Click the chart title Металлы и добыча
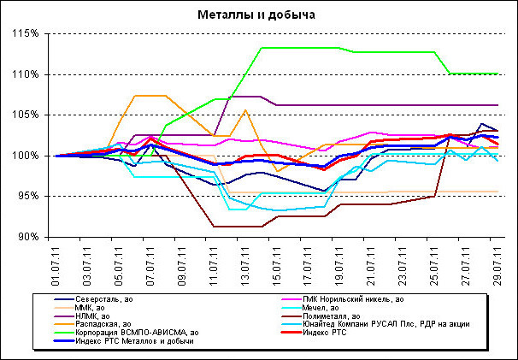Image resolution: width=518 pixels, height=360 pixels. pos(258,15)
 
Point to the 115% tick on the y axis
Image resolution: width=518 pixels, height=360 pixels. pos(29,34)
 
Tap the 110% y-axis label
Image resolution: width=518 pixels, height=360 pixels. pos(29,74)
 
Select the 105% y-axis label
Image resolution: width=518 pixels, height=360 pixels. pos(29,115)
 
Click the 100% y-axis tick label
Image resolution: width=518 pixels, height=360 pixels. pos(29,156)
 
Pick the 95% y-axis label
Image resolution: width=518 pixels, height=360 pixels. pos(31,196)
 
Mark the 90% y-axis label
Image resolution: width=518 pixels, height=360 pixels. pos(31,236)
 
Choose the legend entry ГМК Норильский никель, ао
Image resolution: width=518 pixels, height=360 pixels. pos(348,298)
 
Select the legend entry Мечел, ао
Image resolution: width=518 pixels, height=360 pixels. pos(321,307)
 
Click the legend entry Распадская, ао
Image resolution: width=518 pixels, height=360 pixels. pos(106,324)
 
